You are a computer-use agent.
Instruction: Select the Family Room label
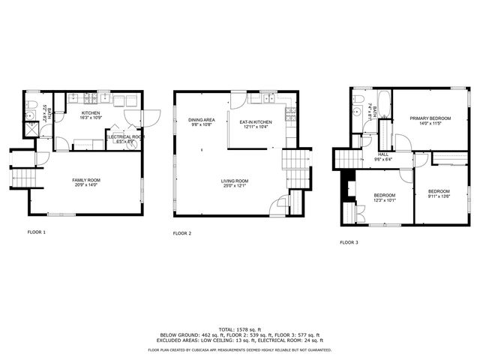coord(86,180)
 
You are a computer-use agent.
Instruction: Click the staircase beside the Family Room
coord(24,178)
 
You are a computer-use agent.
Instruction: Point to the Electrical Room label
coord(124,136)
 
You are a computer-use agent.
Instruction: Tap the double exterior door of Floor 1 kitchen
coord(148,118)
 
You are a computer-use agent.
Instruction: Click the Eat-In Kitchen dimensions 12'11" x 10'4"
coord(256,127)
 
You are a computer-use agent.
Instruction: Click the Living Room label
coord(234,180)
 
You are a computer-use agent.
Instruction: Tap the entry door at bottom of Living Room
coord(280,204)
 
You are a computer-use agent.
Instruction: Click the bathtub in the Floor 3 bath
coord(383,105)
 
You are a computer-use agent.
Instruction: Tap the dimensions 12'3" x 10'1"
coord(384,200)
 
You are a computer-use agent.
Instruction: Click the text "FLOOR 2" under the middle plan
coord(182,234)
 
